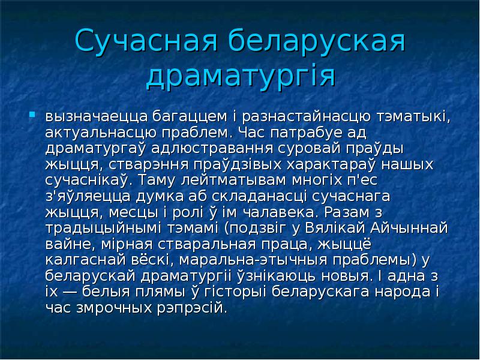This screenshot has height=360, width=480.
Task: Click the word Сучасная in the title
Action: [151, 44]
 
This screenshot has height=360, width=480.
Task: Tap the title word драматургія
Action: [240, 77]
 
